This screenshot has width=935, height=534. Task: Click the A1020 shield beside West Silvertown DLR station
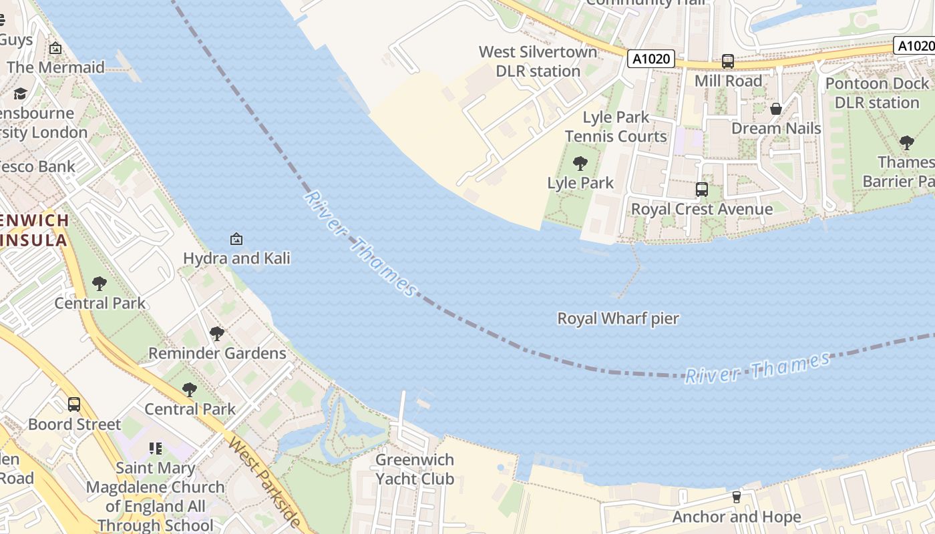651,59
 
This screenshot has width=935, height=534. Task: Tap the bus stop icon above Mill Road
727,61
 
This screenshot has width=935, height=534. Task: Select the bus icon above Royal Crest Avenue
701,189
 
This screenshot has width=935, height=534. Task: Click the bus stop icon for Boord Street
74,404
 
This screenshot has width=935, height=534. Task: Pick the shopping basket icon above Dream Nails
776,108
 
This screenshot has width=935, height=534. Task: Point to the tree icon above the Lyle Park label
580,163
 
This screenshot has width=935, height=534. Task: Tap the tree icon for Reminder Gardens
216,333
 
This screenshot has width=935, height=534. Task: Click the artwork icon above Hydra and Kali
236,238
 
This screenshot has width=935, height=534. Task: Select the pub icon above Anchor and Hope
736,497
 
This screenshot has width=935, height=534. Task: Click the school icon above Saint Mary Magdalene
156,449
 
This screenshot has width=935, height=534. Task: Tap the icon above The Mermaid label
55,48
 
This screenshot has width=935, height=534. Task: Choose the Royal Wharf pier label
618,318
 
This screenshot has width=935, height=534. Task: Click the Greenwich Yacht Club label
415,469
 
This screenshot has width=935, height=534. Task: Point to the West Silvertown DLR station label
538,61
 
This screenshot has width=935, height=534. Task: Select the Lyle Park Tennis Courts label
616,127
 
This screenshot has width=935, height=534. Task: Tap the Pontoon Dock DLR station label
876,93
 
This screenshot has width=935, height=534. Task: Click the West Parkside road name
263,481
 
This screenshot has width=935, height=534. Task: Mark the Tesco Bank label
37,166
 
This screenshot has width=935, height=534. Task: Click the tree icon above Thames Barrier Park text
906,142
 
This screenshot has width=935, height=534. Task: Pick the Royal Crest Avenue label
702,209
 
